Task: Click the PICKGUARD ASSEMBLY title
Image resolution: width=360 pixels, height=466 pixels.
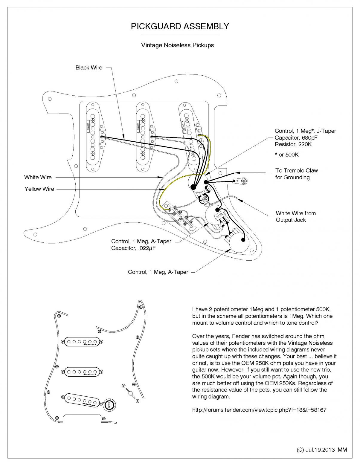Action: (180, 26)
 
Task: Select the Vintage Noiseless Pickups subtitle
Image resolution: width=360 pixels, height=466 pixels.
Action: (177, 45)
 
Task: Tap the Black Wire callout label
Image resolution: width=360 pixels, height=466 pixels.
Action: (89, 68)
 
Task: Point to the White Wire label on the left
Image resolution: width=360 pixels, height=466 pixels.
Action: (38, 177)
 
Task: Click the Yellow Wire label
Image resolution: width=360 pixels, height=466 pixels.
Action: (39, 189)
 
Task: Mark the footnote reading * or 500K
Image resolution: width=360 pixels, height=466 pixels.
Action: (286, 155)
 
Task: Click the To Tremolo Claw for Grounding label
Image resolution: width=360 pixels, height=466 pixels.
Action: (296, 174)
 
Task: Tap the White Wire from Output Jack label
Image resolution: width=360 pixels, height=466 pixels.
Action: (295, 216)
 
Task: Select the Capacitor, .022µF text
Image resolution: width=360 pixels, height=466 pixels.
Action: (133, 248)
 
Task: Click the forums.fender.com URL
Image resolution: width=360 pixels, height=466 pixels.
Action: (259, 410)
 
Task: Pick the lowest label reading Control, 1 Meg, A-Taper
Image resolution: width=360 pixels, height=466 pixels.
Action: (158, 272)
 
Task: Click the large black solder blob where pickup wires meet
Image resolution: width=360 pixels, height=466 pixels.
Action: (193, 187)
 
